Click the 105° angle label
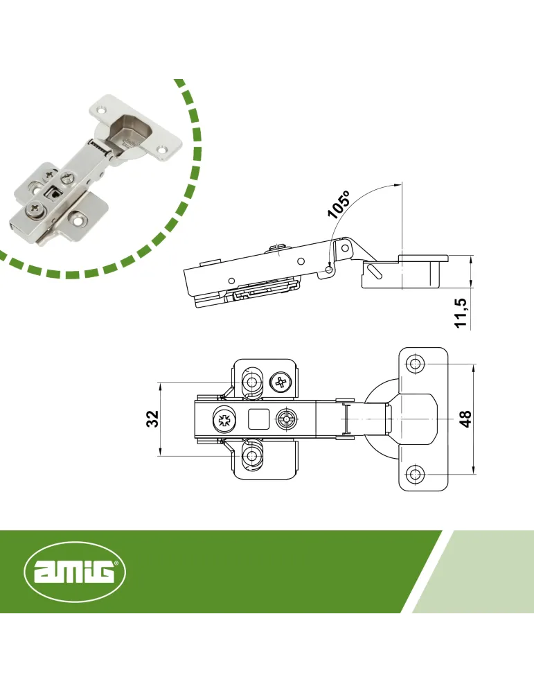339,204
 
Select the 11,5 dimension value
461,313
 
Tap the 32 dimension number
152,418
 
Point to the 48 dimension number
465,418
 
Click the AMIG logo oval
75,572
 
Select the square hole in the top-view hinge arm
259,419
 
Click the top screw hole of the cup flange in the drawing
414,365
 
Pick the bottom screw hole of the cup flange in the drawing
414,475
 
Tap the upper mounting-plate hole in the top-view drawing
252,382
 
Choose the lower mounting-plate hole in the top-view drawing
252,455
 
